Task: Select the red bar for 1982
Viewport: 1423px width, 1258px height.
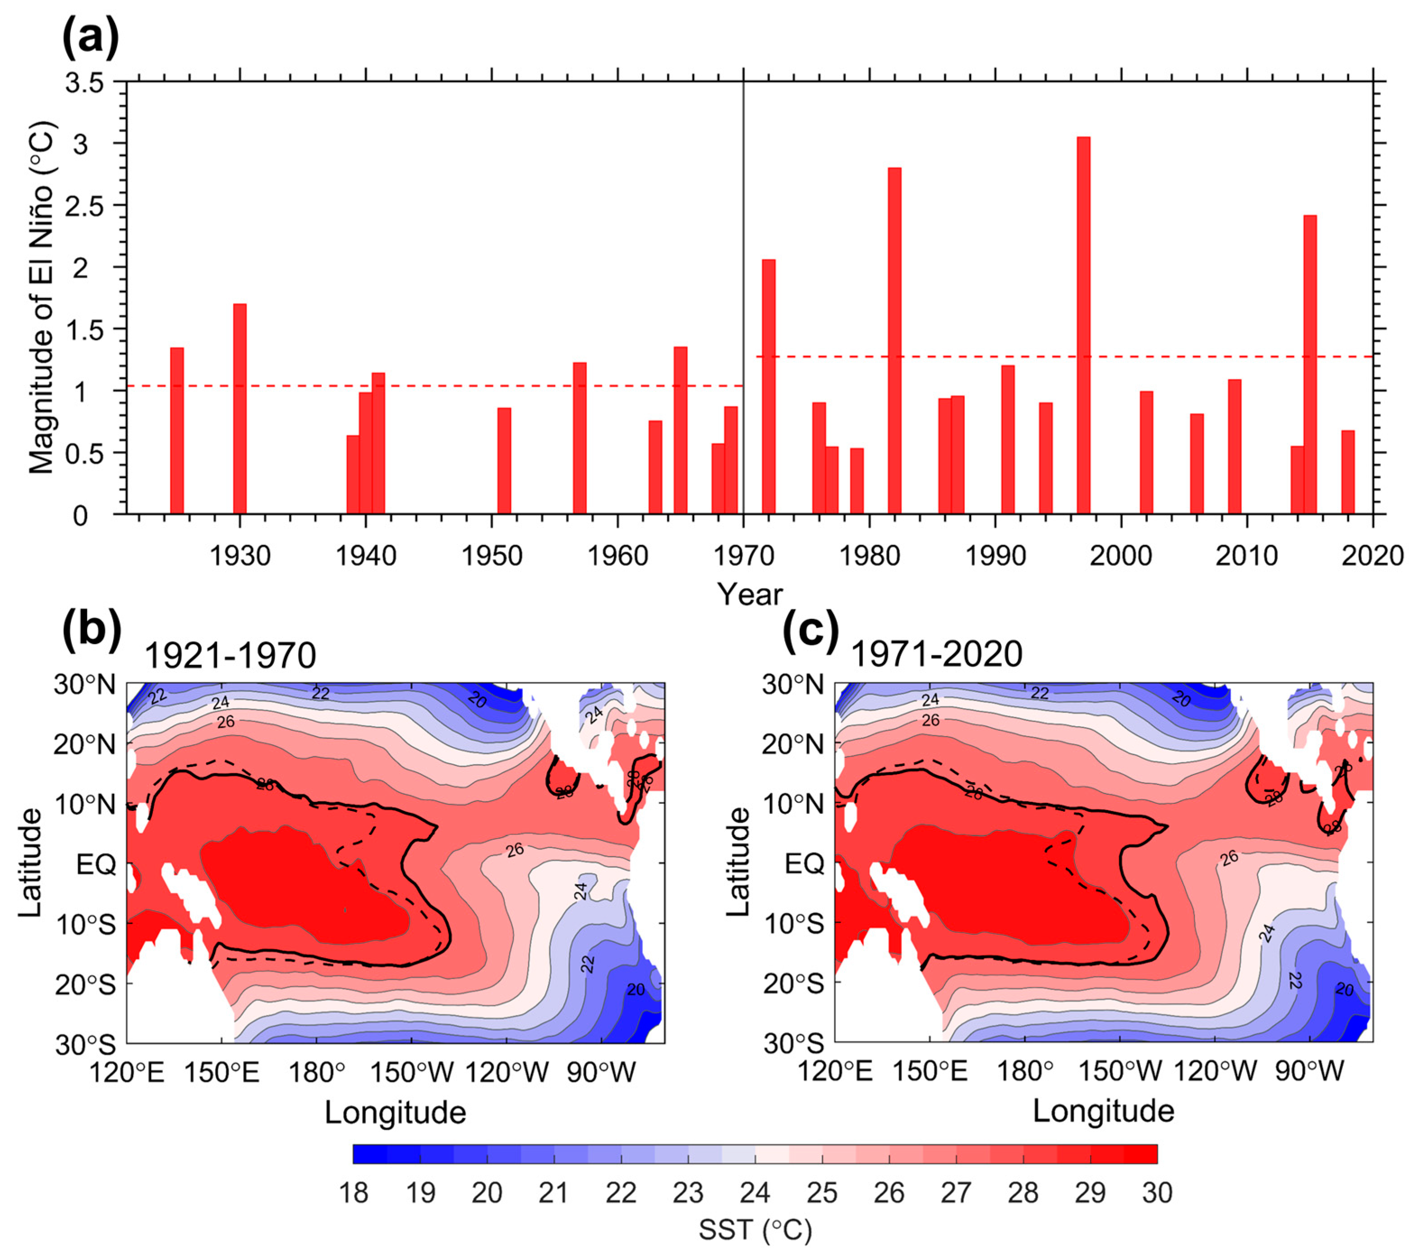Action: pos(894,341)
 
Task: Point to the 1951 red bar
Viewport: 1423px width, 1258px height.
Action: pos(504,460)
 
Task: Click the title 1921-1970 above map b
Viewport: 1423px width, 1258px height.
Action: pos(230,655)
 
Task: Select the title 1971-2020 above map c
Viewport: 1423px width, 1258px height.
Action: pos(936,654)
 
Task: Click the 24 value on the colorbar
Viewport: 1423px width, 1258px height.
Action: pos(755,1193)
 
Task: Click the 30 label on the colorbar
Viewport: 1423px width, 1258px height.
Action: pos(1157,1193)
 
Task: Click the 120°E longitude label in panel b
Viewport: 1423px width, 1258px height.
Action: pos(127,1073)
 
